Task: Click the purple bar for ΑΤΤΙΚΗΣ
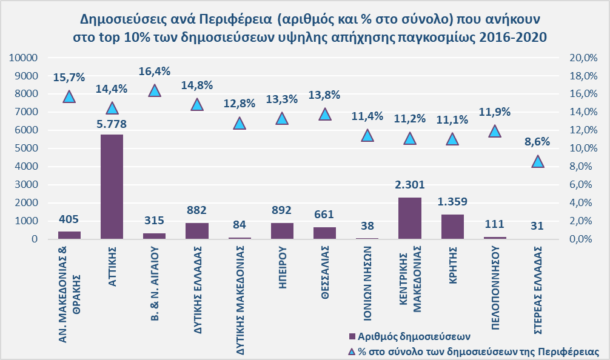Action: click(x=112, y=187)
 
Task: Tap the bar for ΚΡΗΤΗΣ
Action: click(x=452, y=227)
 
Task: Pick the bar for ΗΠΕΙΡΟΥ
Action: click(x=281, y=231)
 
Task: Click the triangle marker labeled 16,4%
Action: click(x=154, y=90)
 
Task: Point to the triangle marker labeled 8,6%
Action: click(x=537, y=161)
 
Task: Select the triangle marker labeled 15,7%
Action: click(x=69, y=96)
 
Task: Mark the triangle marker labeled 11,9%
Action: click(x=495, y=132)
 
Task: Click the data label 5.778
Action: click(x=112, y=124)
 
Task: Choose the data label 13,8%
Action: click(x=324, y=95)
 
